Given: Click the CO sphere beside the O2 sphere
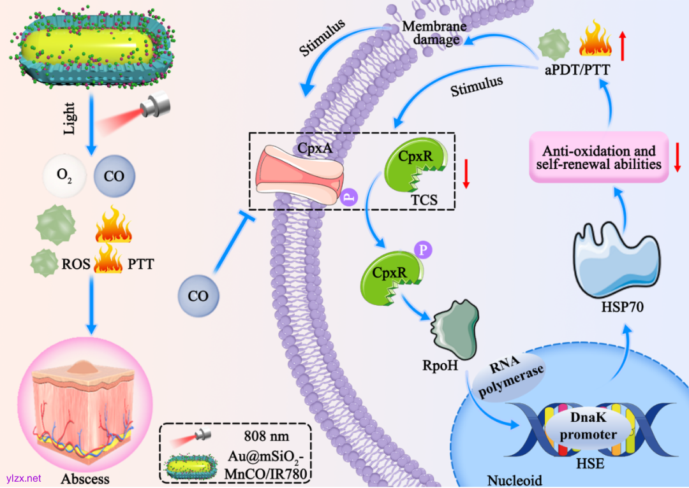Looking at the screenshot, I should pos(114,175).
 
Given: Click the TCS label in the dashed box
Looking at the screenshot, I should pos(425,199).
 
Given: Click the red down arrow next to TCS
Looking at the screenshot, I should pos(466,174).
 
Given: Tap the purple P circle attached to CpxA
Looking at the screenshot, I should pos(349,197).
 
